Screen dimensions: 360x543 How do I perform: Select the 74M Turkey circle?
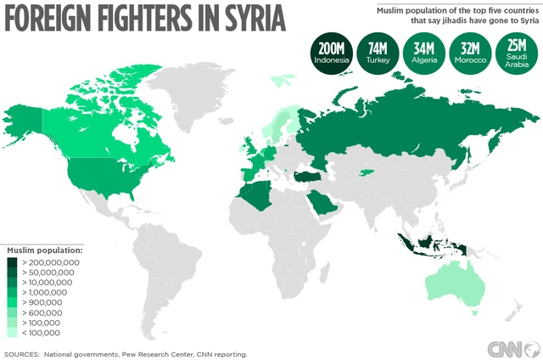coord(378,53)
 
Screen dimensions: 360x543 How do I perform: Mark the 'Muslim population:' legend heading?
coord(44,251)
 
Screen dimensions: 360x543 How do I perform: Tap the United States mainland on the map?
coord(93,175)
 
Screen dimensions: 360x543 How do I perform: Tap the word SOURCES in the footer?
coord(21,353)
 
